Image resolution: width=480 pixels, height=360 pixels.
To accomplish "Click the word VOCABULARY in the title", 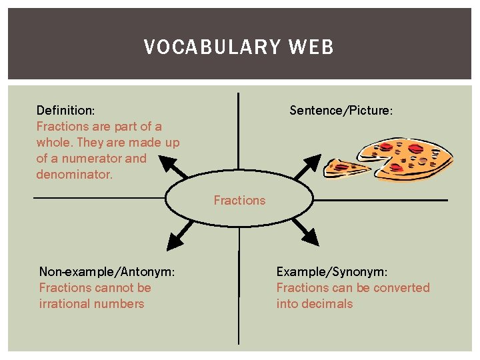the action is [x=213, y=47].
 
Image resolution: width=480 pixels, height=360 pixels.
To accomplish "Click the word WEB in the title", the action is [x=311, y=47].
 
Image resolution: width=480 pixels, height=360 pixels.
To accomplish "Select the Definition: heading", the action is [x=65, y=110].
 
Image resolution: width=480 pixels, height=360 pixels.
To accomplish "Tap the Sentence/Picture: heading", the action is [x=341, y=110].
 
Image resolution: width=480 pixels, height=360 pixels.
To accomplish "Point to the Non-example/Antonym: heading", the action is [x=107, y=271].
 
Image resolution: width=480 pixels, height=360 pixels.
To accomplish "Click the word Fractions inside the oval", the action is [x=239, y=200].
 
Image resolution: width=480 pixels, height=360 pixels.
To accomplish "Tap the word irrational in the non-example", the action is [x=65, y=303].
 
